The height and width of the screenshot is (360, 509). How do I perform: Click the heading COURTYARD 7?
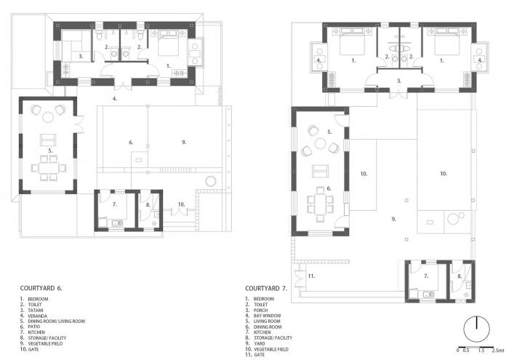(x=267, y=288)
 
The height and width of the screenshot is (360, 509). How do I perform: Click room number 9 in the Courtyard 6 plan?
(x=185, y=143)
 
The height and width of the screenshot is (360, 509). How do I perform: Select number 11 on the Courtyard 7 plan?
(x=311, y=276)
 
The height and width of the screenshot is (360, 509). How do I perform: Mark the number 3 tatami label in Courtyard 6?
(x=81, y=55)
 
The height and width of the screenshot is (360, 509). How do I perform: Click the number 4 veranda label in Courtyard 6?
(x=114, y=97)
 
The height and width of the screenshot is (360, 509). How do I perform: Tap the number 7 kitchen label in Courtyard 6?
(x=114, y=204)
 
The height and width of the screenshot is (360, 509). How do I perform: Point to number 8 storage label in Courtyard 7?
(x=460, y=276)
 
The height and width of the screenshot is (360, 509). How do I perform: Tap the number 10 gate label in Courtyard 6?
(x=181, y=204)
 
